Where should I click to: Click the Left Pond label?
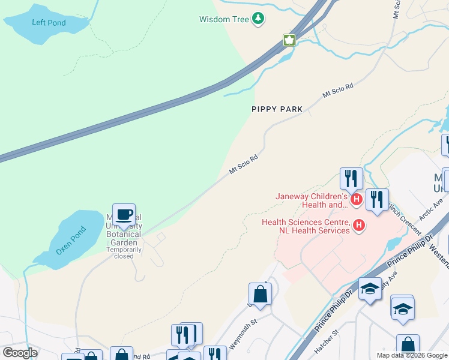[x=49, y=23]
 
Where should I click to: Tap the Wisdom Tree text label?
[x=224, y=19]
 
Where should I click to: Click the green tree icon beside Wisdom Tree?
[x=258, y=19]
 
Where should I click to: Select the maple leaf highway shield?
[x=290, y=40]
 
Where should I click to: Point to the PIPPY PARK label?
[x=277, y=110]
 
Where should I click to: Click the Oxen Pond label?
[x=71, y=241]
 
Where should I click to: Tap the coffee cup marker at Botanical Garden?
[x=124, y=214]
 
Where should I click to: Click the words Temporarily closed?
[x=124, y=253]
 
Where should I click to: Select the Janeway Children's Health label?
[x=312, y=200]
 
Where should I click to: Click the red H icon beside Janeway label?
[x=357, y=199]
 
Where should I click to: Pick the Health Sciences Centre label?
[x=306, y=226]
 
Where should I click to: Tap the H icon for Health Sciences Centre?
[x=359, y=226]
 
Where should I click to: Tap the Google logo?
[x=20, y=353]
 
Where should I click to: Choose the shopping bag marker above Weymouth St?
[x=260, y=294]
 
